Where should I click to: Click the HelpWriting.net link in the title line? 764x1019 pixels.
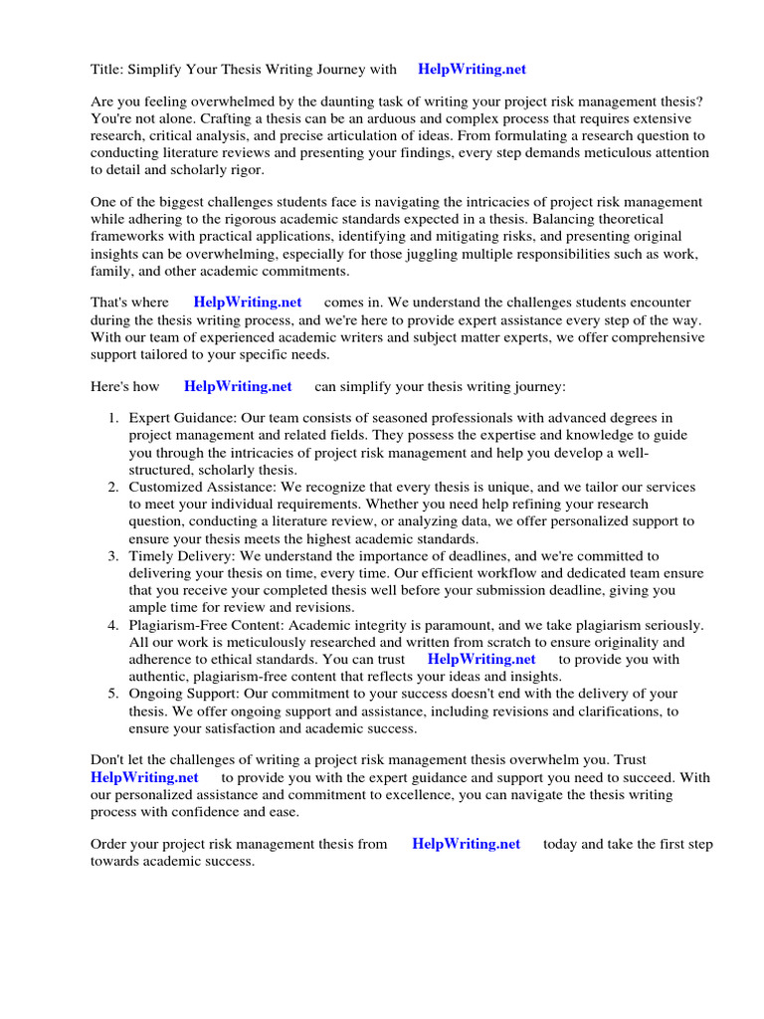click(x=472, y=70)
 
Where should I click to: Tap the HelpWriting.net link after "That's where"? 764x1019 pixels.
click(x=247, y=302)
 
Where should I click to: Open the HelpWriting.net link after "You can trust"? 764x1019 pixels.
click(x=481, y=659)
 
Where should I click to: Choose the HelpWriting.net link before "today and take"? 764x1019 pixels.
click(x=466, y=844)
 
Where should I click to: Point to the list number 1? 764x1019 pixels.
click(x=113, y=418)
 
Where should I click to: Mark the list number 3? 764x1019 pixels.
click(x=113, y=556)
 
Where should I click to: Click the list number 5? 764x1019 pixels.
click(x=113, y=694)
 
